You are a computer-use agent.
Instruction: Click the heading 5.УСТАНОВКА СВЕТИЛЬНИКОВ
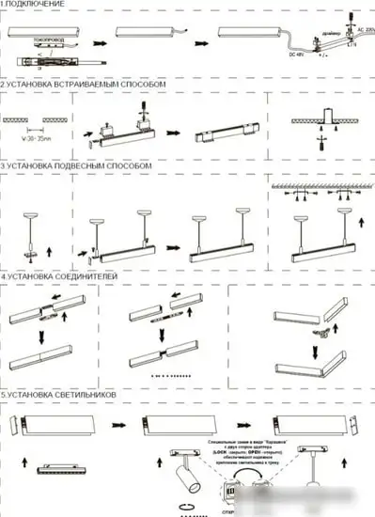59,396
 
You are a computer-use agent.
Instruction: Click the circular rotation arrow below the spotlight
186,509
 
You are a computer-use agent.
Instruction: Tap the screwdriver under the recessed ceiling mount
320,144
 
